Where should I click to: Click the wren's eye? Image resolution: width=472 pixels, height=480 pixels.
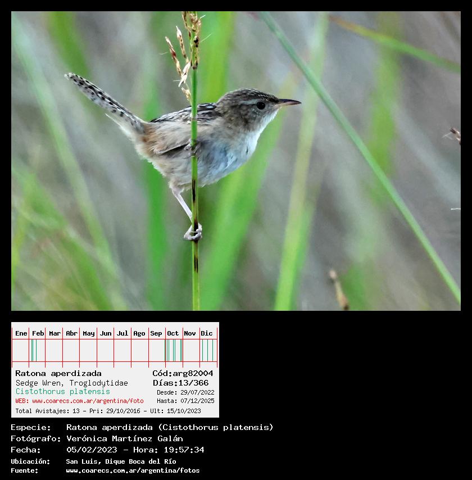261,106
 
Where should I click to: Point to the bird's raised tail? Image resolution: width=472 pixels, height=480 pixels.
103,101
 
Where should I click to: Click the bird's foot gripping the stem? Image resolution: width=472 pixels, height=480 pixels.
193,233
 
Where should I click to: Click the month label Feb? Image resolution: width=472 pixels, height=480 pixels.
38,333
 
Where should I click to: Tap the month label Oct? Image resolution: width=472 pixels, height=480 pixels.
173,333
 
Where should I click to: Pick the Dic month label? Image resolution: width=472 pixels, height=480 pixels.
207,333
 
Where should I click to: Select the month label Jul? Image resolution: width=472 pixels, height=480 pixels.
122,333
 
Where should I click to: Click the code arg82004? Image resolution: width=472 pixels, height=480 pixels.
193,373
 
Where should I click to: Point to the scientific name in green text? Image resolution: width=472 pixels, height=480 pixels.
63,392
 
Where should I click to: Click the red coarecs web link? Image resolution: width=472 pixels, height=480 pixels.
88,401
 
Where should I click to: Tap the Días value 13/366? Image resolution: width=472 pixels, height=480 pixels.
193,383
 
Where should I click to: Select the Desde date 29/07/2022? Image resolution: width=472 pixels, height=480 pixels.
197,392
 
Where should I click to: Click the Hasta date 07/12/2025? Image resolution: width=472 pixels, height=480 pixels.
197,401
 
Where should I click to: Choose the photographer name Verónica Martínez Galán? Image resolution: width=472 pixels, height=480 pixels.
125,438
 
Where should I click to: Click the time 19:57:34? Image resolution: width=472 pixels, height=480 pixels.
184,450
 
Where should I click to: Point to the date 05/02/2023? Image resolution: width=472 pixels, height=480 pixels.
92,450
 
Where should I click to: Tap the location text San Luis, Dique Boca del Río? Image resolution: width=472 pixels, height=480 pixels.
121,461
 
